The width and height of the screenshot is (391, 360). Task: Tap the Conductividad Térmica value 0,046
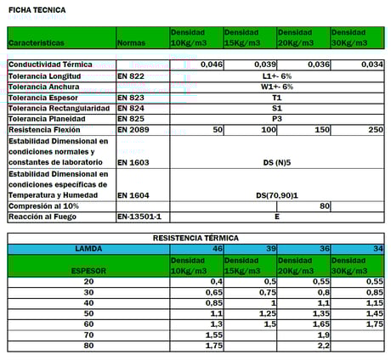[212, 65]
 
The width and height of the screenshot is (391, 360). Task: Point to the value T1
[277, 98]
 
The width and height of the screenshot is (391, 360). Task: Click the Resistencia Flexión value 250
[374, 130]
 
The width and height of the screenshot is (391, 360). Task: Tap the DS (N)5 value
[276, 161]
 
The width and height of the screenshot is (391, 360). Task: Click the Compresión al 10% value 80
[323, 205]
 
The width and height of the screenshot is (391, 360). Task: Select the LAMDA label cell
[89, 249]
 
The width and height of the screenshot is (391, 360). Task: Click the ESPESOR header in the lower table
[89, 269]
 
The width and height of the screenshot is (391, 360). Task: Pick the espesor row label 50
[89, 312]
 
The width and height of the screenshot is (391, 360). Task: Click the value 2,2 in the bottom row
[323, 346]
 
